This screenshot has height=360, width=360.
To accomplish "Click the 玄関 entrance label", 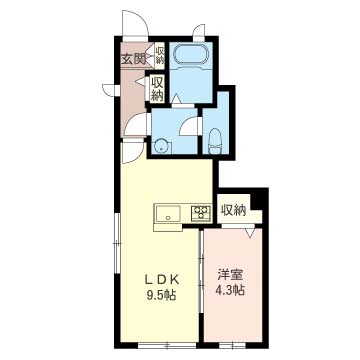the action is tap(133, 59).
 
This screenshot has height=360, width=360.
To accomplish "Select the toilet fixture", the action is tap(215, 142).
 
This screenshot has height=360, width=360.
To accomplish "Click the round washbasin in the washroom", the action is tap(162, 146).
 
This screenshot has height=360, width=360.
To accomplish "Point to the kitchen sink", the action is tap(168, 214).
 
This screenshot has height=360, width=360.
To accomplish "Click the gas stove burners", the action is tap(201, 213).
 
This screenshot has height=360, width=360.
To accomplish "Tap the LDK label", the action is tap(162, 280).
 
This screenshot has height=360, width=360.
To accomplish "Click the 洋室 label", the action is tap(231, 275).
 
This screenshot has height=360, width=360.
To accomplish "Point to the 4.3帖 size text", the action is tap(230, 290).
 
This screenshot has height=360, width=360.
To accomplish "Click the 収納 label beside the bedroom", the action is tap(234, 210).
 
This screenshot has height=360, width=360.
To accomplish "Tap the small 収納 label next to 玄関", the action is tap(160, 56).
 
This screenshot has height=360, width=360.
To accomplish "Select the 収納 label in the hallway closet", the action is tap(157, 89).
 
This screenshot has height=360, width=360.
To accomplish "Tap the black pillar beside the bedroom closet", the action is tap(259, 200).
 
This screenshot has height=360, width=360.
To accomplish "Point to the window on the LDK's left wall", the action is tap(117, 244).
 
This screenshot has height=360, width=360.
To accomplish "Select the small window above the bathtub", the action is tap(199, 34).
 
